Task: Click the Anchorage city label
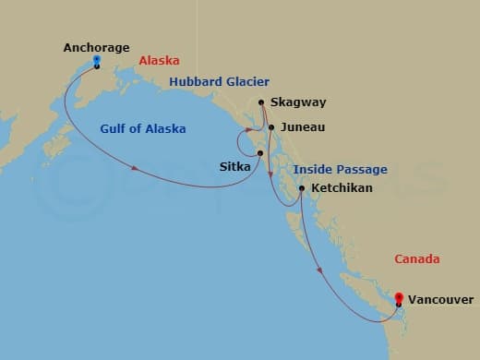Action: tap(97, 47)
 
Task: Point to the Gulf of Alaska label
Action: tap(143, 127)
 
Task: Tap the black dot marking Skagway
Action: tap(262, 102)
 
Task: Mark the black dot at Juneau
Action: tap(270, 127)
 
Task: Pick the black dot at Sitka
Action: tap(260, 153)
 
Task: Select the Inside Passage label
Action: tap(341, 170)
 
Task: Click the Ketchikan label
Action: tap(342, 188)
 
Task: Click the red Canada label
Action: tap(416, 259)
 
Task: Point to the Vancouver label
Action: tap(441, 300)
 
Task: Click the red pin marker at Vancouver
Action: tap(399, 297)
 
